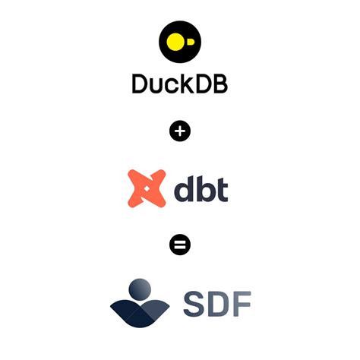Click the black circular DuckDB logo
pyautogui.click(x=180, y=41)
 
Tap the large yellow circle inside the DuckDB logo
pyautogui.click(x=175, y=41)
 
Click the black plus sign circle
pyautogui.click(x=180, y=131)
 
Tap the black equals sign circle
pyautogui.click(x=180, y=245)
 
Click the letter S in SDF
pyautogui.click(x=194, y=302)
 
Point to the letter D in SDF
pyautogui.click(x=217, y=302)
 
